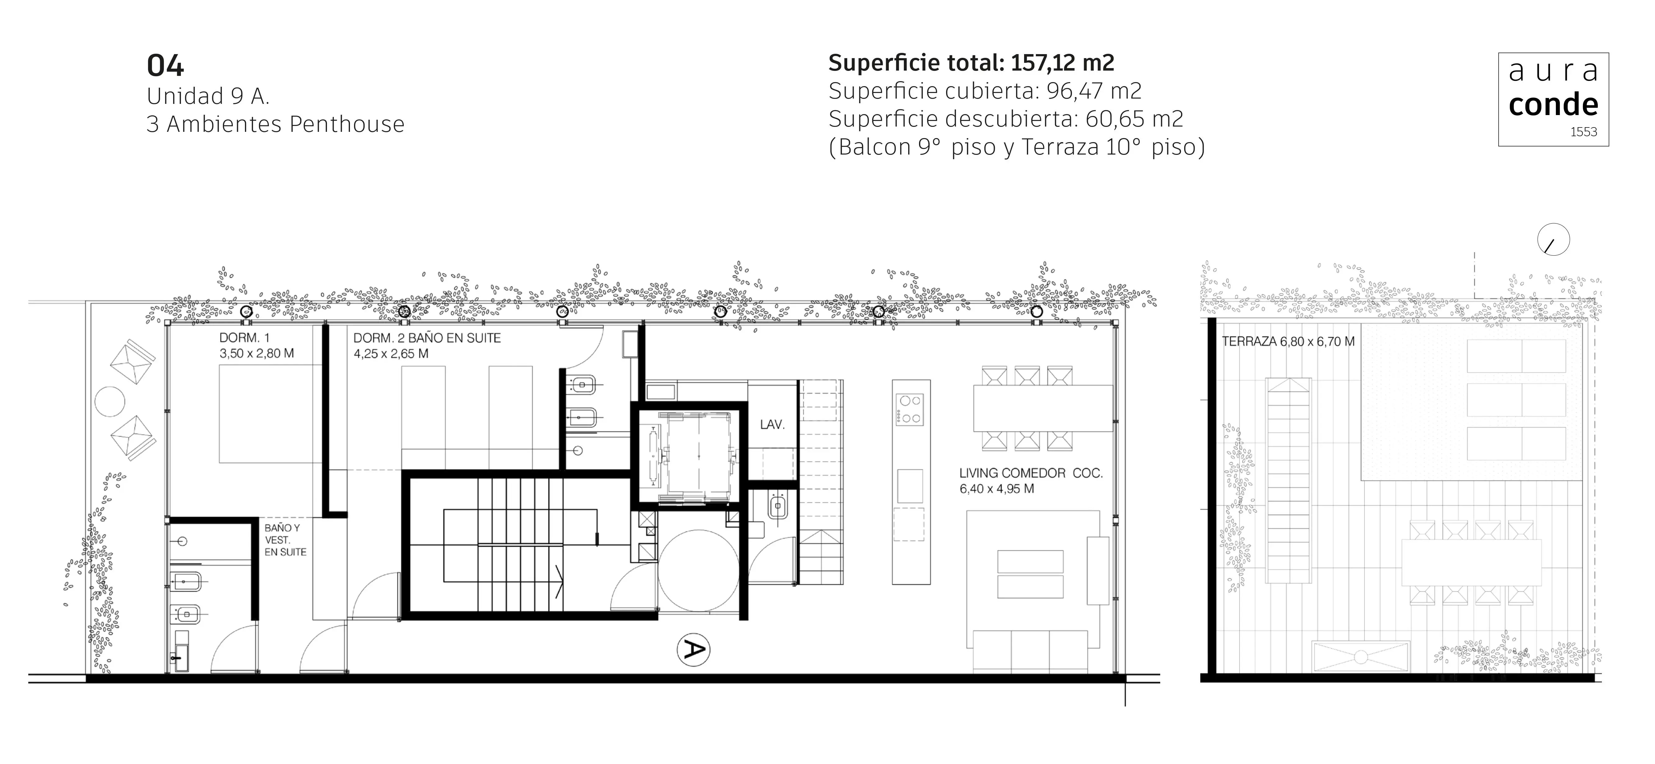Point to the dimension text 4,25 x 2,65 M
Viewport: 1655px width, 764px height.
(391, 354)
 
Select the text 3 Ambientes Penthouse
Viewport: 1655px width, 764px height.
(276, 124)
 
